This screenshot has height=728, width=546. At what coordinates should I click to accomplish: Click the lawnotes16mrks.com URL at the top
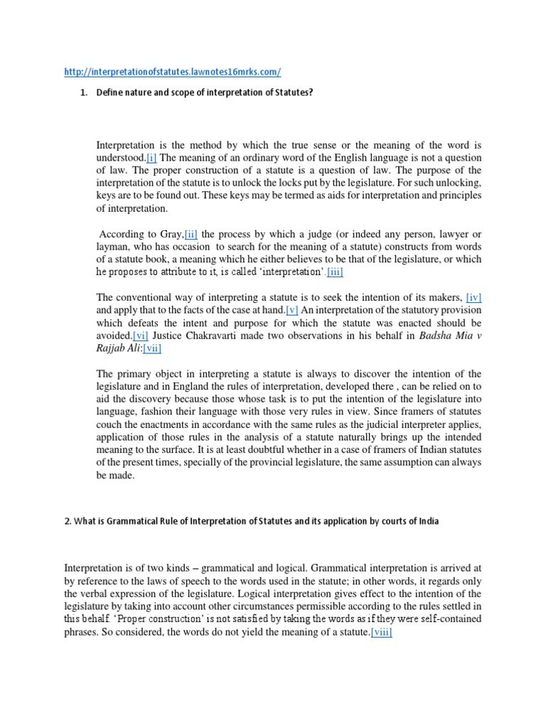click(x=173, y=71)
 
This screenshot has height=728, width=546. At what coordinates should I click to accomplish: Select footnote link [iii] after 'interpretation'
click(x=339, y=272)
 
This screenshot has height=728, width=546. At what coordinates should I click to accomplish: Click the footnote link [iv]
click(x=478, y=297)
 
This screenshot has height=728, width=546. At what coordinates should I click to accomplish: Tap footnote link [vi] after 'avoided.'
click(x=141, y=336)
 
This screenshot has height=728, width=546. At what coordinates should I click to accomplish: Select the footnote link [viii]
click(x=381, y=633)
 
